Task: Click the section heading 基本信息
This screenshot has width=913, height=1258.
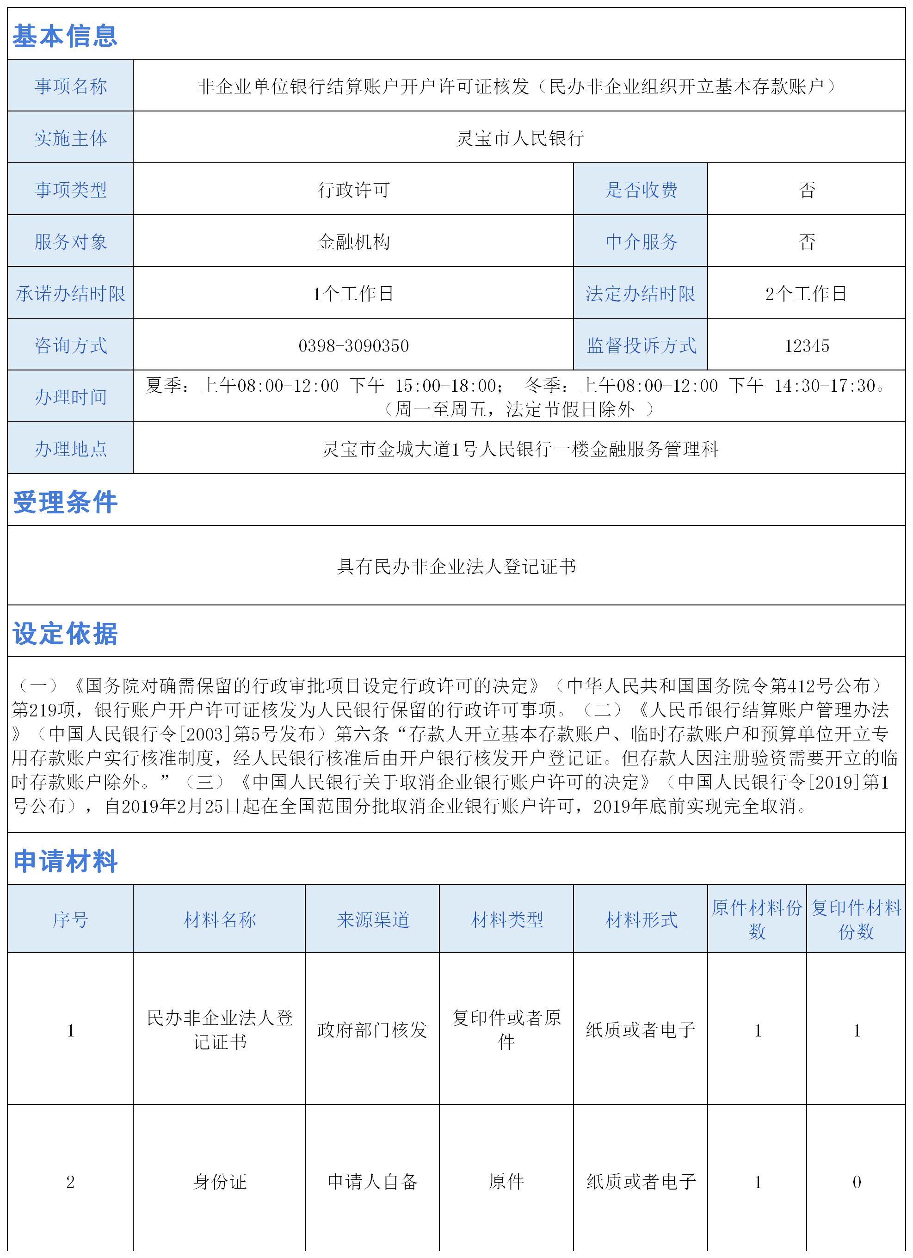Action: click(x=65, y=36)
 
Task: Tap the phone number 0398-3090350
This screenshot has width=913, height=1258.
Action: click(x=353, y=345)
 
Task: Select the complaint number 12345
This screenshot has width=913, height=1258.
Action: click(x=807, y=345)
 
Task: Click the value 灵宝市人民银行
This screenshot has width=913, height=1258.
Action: click(x=520, y=138)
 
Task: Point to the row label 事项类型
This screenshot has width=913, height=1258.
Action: click(x=70, y=190)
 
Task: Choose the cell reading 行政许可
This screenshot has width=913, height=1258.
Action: click(x=353, y=190)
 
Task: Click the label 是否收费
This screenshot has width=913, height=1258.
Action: click(x=641, y=190)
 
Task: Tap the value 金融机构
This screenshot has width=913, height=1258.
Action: click(x=353, y=242)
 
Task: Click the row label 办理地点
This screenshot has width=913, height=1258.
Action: click(x=70, y=449)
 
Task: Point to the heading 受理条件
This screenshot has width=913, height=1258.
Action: click(x=65, y=502)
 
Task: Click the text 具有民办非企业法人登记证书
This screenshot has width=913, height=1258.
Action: click(x=456, y=566)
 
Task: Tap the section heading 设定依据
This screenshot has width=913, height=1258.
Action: click(x=65, y=634)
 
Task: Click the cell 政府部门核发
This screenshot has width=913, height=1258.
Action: click(x=372, y=1030)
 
